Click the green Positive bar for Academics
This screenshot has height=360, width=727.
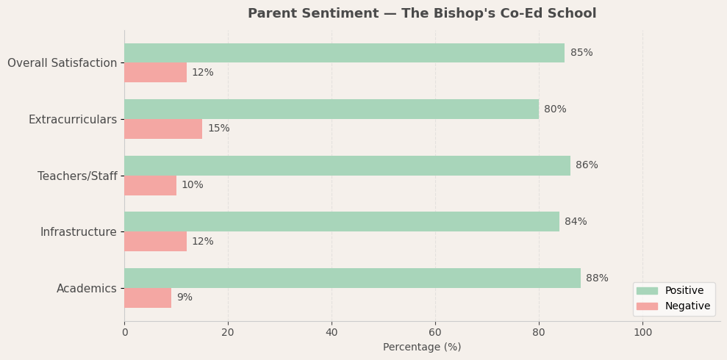[x=352, y=278]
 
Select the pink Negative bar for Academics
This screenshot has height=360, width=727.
[x=148, y=298]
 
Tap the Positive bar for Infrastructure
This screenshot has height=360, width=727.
[x=342, y=222]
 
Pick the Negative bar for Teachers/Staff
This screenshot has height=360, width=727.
[x=150, y=185]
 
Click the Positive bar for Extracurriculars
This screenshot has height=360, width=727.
[x=332, y=109]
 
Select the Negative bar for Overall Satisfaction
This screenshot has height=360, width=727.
[x=155, y=73]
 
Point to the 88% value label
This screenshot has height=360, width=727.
[x=597, y=278]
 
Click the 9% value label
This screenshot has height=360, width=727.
[x=185, y=298]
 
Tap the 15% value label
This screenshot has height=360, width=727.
[x=218, y=129]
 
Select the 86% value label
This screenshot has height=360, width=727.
[x=587, y=165]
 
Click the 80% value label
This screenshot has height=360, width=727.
[x=555, y=109]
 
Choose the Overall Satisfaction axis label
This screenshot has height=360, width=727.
[x=62, y=63]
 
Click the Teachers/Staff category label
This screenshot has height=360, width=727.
[x=77, y=176]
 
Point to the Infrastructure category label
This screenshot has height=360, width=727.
[x=78, y=232]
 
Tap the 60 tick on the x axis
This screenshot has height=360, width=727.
[x=435, y=332]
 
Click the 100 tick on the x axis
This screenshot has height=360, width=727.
[x=642, y=332]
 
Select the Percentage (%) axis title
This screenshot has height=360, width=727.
[x=422, y=347]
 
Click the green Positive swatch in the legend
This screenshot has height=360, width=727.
[x=647, y=291]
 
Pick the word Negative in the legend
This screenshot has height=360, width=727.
[x=687, y=306]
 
